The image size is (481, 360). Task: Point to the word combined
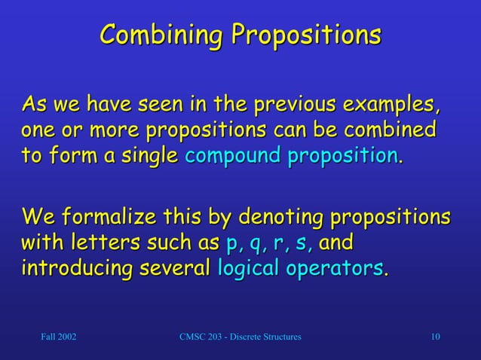click(389, 129)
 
